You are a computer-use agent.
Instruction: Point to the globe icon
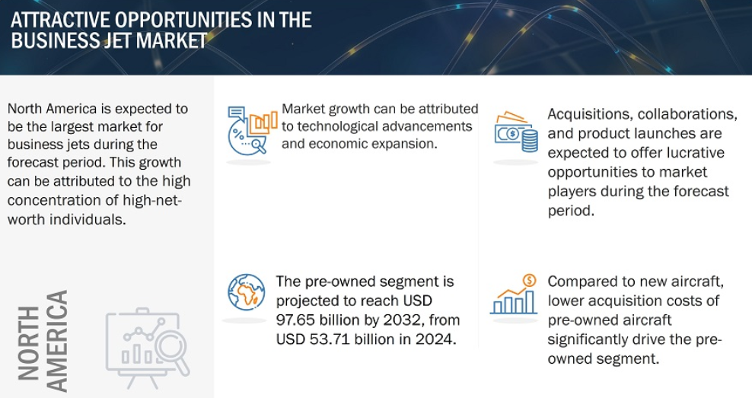click(247, 292)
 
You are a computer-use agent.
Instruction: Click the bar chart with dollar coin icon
click(514, 294)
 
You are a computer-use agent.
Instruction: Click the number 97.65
click(298, 320)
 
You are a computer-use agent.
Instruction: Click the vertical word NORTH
click(29, 343)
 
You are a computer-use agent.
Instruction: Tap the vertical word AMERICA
click(57, 341)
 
